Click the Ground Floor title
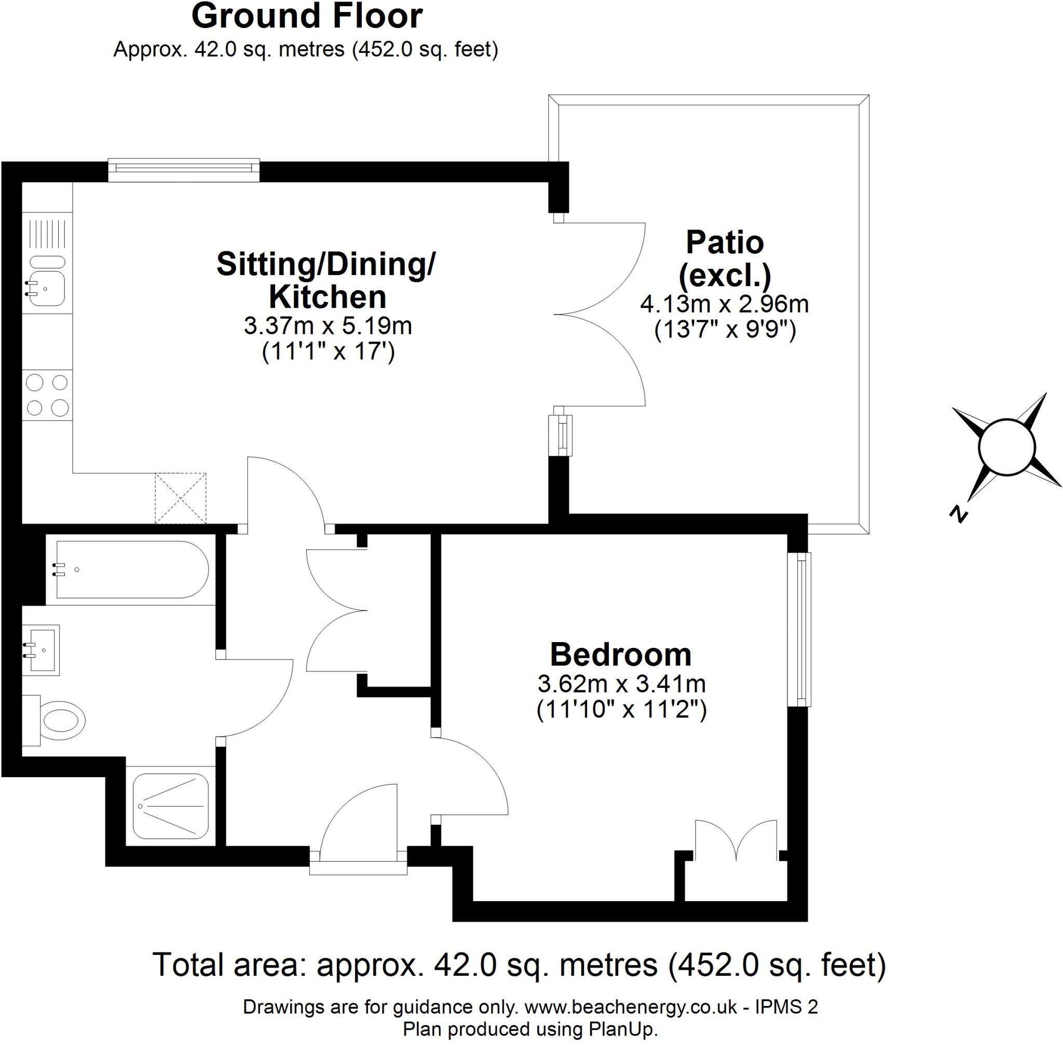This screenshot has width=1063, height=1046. coord(307,17)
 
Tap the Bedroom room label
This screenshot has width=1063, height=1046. coord(621,654)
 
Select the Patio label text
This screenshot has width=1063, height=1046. coord(725,242)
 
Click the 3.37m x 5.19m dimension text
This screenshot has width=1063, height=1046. coord(328,326)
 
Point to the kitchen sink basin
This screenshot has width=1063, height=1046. coord(47,289)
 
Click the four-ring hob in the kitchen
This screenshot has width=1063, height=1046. coord(47,395)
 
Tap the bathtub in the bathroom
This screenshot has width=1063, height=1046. coord(132,569)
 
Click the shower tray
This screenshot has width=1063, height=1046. coord(171,807)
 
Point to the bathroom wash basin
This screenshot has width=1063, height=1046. coord(44,649)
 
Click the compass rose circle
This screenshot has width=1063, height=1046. coord(1006,446)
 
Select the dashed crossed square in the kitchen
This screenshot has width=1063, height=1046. coord(180,498)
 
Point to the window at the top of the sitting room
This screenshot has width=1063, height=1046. coord(184,169)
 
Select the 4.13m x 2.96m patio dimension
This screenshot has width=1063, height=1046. coord(725,304)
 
